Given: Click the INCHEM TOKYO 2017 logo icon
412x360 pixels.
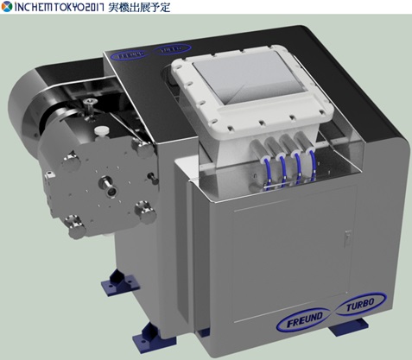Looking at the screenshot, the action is tap(6, 7).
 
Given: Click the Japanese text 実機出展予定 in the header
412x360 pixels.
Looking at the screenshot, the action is tap(139, 7).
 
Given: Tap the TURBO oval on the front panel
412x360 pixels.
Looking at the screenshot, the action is tap(360, 305).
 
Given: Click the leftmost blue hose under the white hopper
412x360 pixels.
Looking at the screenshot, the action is tap(268, 172).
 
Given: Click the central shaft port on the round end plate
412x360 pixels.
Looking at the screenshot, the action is tap(107, 186).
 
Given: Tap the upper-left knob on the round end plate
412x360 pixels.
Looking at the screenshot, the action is tap(70, 161).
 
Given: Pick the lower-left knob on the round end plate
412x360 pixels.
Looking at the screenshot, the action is tap(75, 227).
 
